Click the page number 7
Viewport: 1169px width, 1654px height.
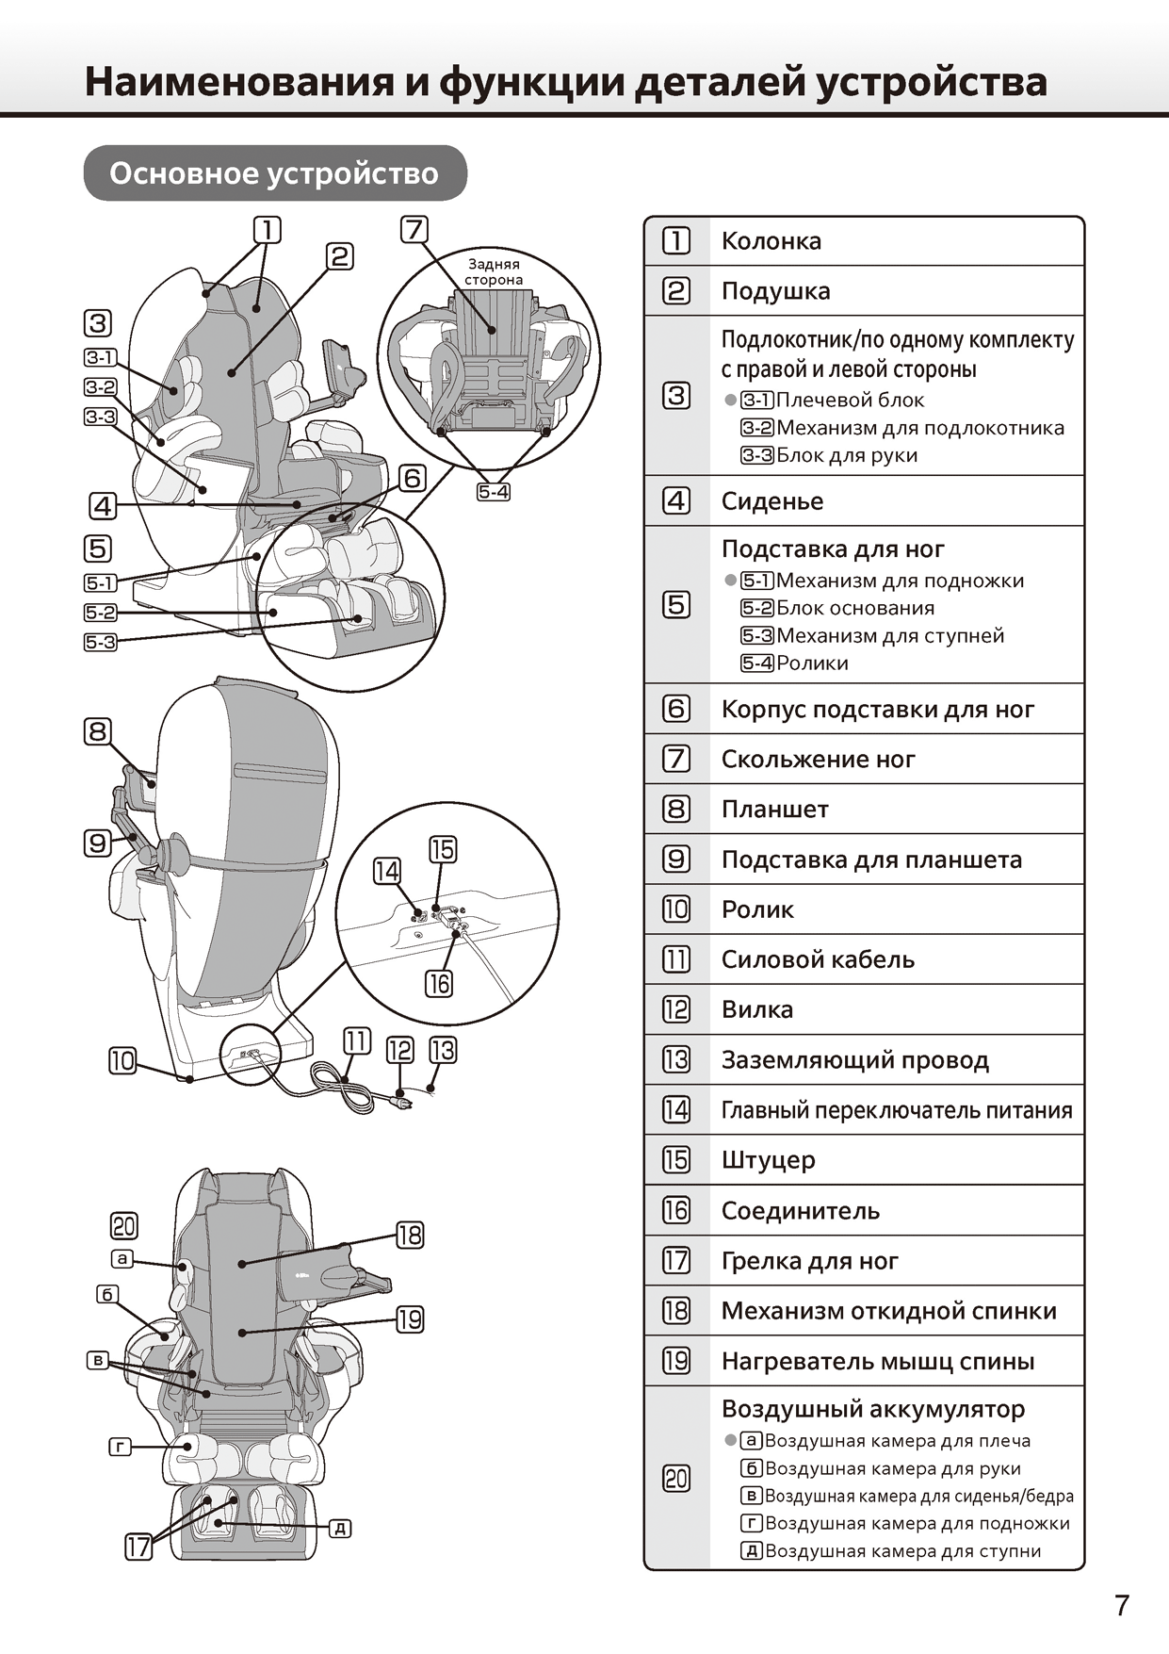(1121, 1605)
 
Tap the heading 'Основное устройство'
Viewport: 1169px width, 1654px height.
(274, 173)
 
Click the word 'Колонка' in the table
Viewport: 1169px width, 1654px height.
(771, 241)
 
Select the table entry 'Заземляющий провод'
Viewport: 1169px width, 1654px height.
(854, 1060)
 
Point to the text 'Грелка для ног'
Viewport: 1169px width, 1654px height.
(809, 1261)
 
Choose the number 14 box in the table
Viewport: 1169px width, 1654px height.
(676, 1109)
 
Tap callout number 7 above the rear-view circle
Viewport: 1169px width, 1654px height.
(414, 229)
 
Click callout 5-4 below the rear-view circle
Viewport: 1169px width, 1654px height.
(494, 492)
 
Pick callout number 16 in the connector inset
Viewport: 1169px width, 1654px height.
(439, 984)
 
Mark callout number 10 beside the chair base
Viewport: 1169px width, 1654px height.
(123, 1061)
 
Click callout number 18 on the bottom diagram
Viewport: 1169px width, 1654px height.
(410, 1235)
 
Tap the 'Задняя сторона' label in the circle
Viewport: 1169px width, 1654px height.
(494, 271)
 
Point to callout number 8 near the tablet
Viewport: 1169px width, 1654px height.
(98, 731)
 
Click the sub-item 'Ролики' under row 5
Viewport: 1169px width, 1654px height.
(812, 663)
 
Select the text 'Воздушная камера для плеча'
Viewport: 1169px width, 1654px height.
(898, 1441)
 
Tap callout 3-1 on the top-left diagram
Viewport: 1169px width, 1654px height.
(100, 357)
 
